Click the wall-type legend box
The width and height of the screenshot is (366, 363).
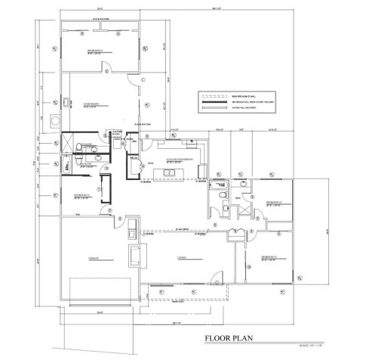233,101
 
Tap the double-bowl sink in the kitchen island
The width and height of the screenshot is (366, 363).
169,173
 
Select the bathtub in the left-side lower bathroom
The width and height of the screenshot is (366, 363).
67,164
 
